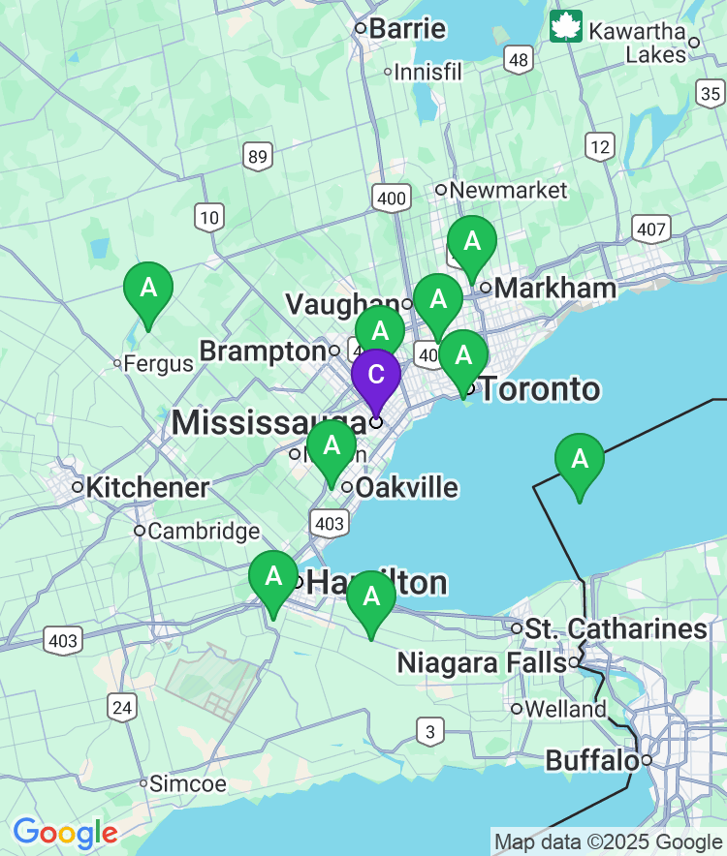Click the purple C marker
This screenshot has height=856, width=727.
point(375,376)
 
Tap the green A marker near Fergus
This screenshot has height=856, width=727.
point(148,289)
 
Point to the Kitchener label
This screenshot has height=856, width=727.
point(147,487)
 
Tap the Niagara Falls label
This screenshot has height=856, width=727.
point(482,663)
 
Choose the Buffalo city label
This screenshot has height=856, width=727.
point(591,760)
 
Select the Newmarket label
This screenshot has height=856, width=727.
point(508,190)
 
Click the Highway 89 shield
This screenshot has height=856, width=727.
point(257,157)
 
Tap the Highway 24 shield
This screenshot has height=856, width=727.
point(122,708)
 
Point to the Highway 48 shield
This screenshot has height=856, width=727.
point(519,61)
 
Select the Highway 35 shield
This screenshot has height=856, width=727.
point(711,93)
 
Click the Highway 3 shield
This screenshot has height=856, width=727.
point(429,732)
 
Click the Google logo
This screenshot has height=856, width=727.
point(65,832)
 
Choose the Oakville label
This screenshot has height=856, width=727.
point(406,487)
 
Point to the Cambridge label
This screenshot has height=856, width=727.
point(204,531)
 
